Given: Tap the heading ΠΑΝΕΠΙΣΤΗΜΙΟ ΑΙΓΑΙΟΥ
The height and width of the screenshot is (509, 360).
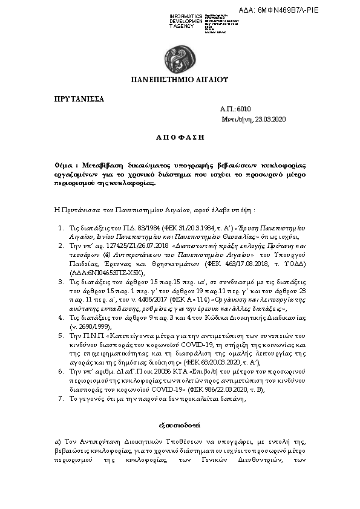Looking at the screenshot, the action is pyautogui.click(x=180, y=79).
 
